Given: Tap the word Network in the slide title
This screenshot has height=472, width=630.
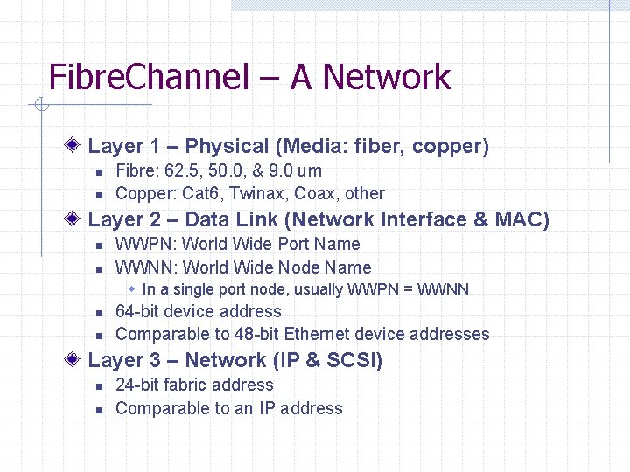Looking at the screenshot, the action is pos(386,77).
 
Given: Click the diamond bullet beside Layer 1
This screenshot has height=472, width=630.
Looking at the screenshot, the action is pos(76,145).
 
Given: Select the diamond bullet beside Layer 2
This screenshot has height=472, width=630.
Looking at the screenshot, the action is pos(76,219).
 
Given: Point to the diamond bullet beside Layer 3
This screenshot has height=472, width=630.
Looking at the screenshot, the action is pos(76,359).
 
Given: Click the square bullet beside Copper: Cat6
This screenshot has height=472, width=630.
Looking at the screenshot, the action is pos(100,194).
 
